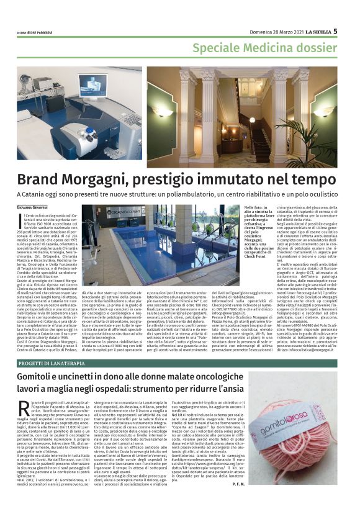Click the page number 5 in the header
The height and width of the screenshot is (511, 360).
(x=336, y=30)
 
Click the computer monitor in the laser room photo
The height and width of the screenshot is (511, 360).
(x=92, y=87)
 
